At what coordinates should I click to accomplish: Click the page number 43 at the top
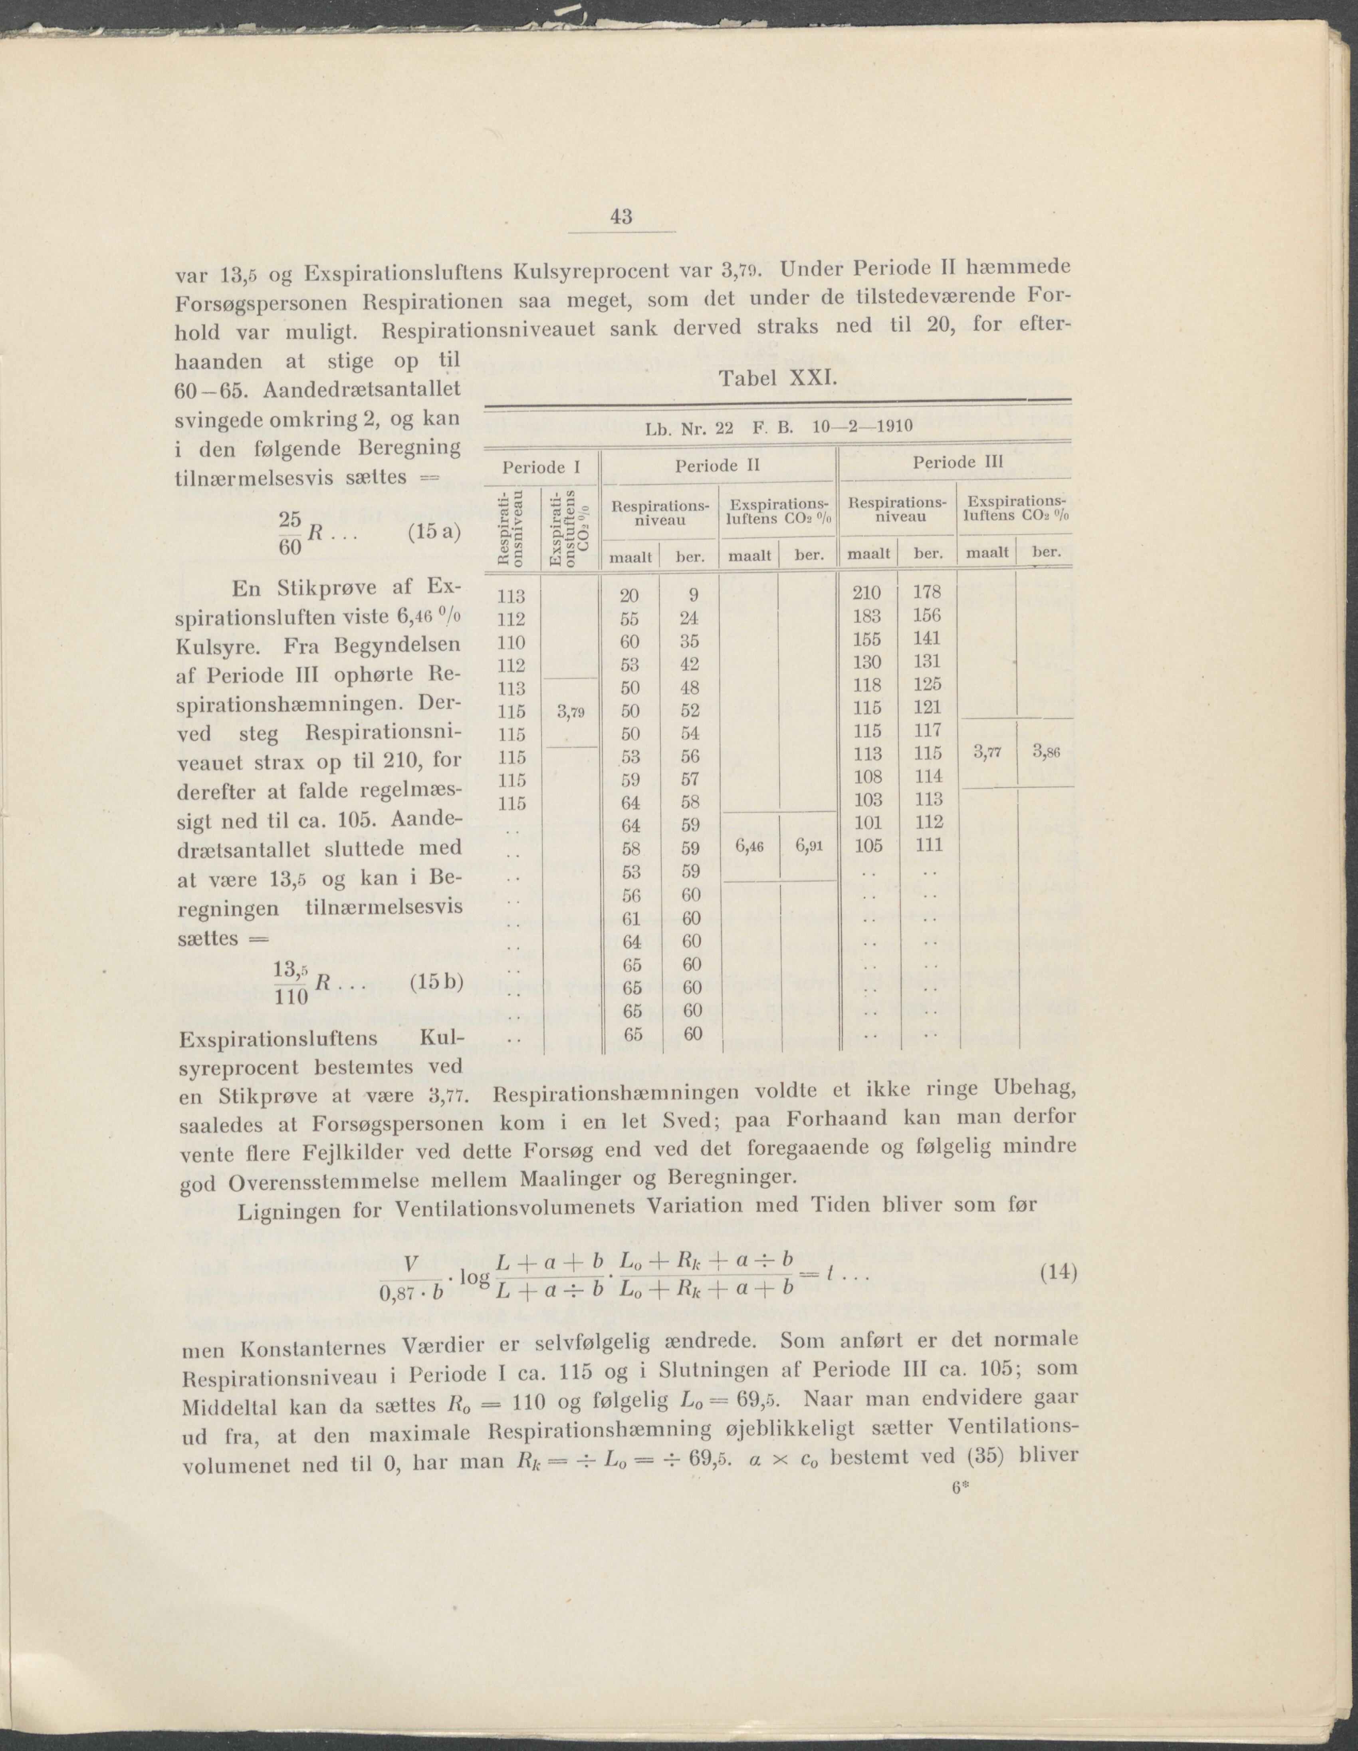[x=621, y=216]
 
